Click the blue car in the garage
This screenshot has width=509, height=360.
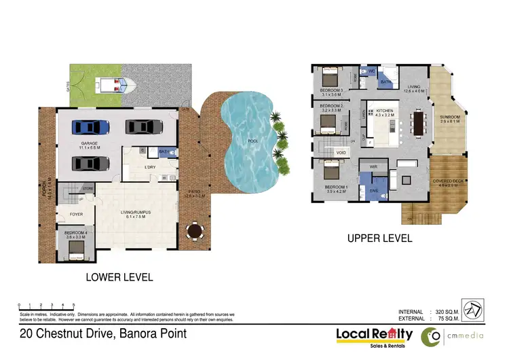coord(90,127)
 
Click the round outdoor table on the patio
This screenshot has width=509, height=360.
coord(195,232)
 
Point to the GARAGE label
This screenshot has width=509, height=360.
coord(90,144)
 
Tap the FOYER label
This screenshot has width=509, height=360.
coord(76,214)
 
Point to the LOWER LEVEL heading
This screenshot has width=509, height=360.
coord(119,277)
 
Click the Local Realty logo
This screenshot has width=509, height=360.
coord(374,335)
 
